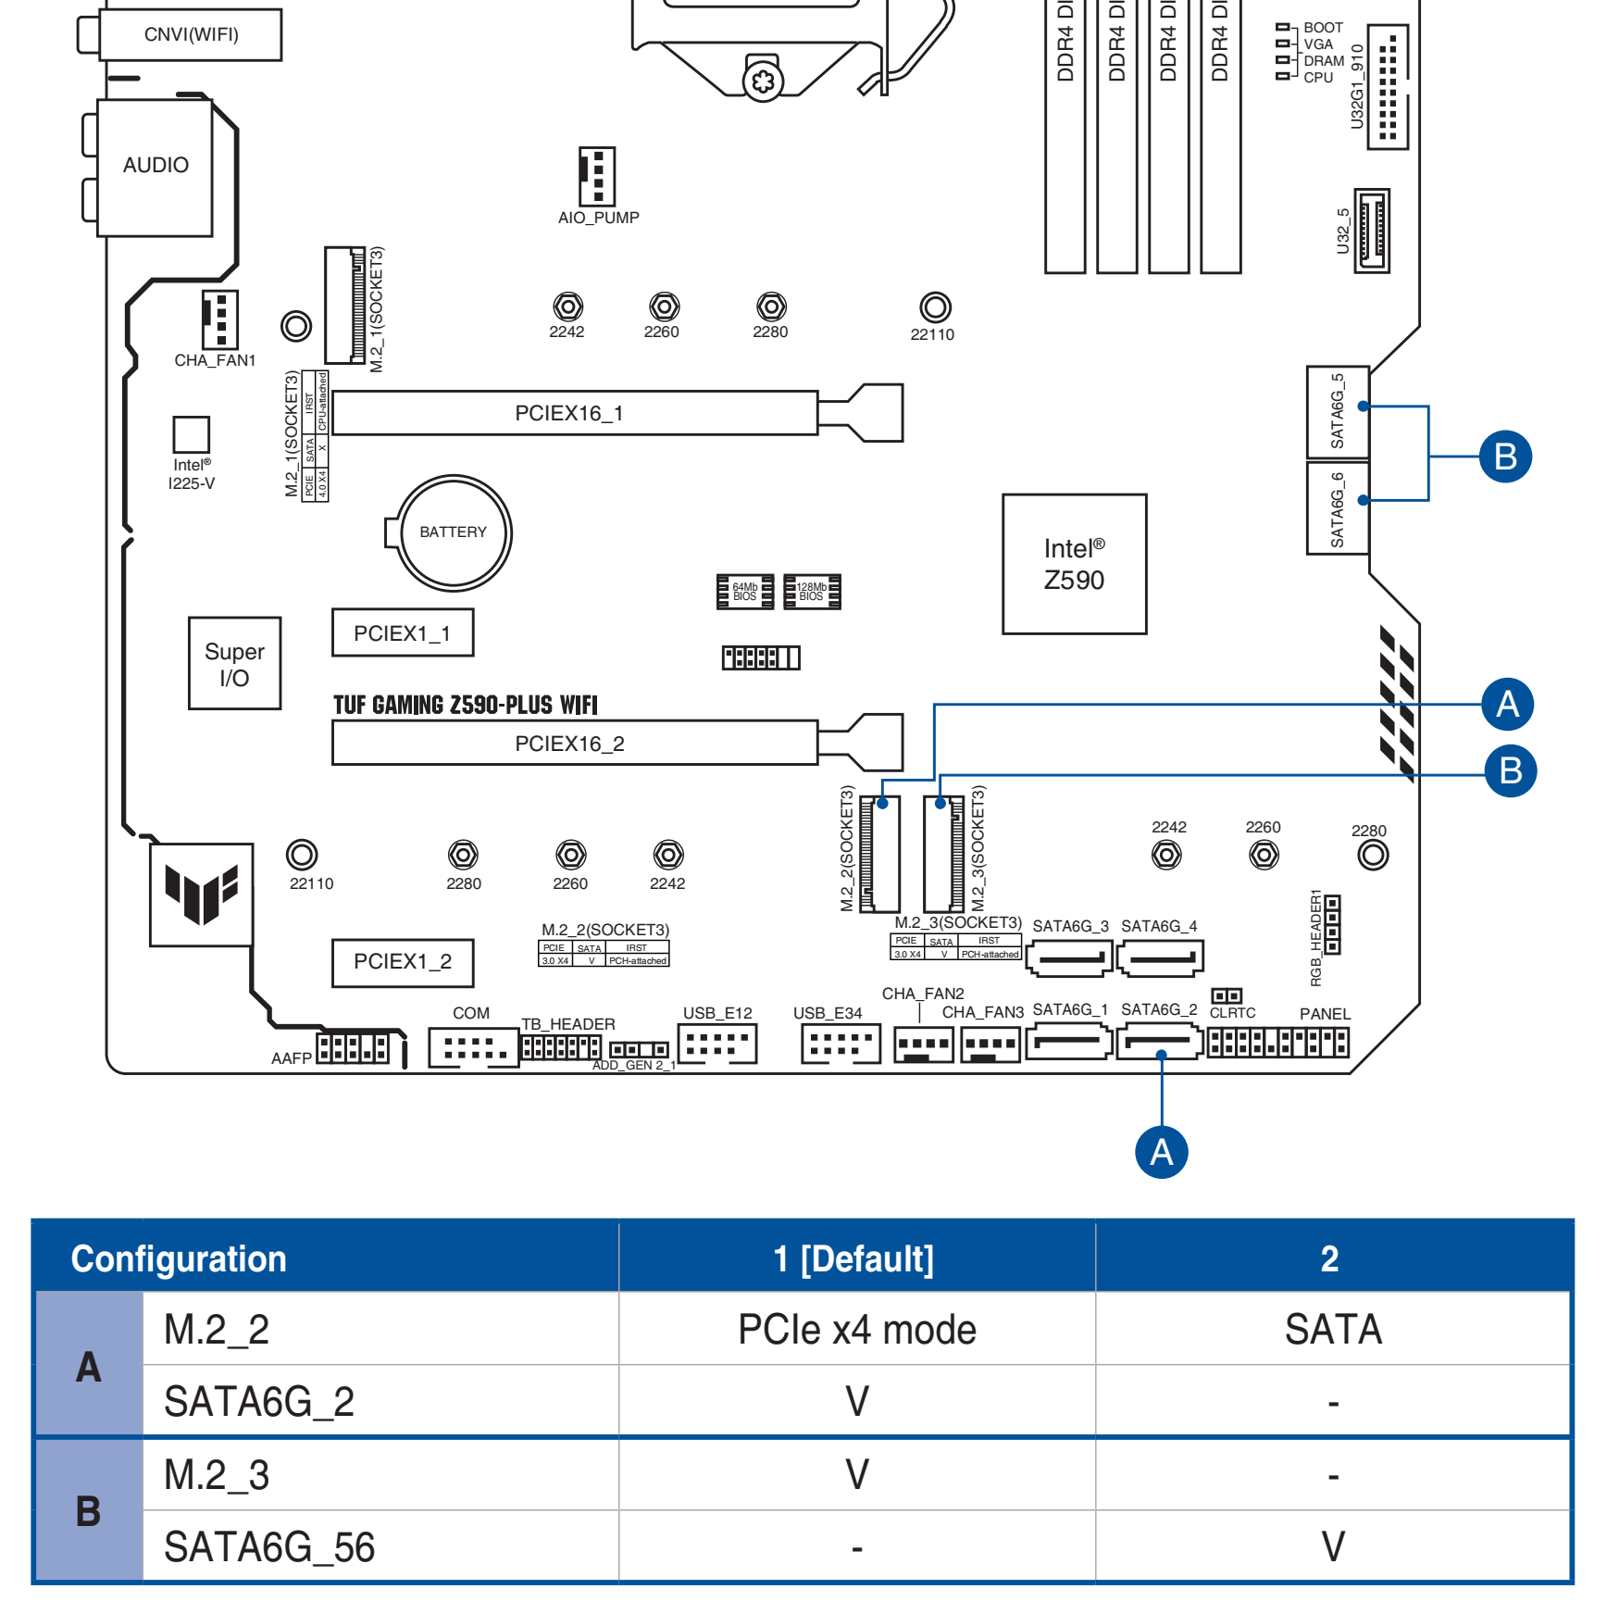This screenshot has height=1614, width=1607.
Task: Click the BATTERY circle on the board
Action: click(453, 532)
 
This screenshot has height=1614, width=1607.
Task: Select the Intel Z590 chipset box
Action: click(1074, 564)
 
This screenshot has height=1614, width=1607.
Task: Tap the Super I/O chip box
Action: click(234, 664)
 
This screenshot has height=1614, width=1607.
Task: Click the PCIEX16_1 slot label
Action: click(569, 413)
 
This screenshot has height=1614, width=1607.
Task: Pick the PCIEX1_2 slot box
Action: click(403, 962)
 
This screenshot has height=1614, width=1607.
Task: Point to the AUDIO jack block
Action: click(156, 166)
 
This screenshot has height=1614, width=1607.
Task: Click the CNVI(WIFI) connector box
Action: click(191, 35)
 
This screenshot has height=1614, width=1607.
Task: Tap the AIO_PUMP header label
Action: click(598, 219)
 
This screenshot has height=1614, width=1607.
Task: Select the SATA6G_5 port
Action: click(1337, 411)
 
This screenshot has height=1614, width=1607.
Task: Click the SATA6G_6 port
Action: click(1337, 509)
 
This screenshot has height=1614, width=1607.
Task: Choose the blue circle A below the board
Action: click(1161, 1152)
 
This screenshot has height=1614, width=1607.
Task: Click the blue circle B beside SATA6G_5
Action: click(1504, 457)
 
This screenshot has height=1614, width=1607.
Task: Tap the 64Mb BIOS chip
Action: click(744, 592)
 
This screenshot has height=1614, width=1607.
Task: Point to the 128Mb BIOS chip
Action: click(812, 592)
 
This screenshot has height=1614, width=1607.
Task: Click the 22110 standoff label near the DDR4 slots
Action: click(932, 335)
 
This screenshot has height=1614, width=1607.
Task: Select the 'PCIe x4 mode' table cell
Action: click(856, 1330)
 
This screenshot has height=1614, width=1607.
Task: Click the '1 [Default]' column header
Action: click(853, 1259)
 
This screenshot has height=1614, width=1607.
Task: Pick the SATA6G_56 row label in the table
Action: click(269, 1547)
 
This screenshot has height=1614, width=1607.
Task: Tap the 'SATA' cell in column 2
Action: click(1332, 1330)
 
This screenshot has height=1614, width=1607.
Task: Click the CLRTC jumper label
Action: click(1232, 1013)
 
